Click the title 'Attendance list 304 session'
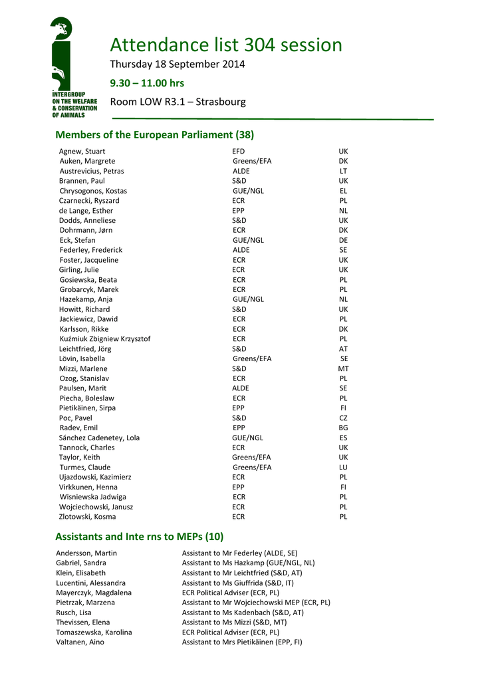(226, 45)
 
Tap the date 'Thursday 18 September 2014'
(178, 65)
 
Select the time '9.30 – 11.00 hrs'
(147, 83)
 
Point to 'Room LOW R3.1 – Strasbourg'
(178, 102)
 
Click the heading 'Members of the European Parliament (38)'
(155, 135)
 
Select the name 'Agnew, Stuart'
(82, 152)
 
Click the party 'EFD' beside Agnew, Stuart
(239, 152)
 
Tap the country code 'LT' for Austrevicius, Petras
(343, 171)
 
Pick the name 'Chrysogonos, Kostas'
(93, 191)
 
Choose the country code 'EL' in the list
(343, 191)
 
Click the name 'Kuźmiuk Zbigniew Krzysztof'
(105, 339)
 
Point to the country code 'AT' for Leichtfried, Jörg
(343, 349)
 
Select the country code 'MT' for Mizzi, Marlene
(343, 368)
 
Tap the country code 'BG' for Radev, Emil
(343, 428)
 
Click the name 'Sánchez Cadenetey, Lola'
(99, 438)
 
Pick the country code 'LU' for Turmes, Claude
(343, 468)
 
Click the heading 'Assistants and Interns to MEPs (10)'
(140, 537)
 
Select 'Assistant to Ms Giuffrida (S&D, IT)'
(238, 583)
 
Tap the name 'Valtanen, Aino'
(80, 642)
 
